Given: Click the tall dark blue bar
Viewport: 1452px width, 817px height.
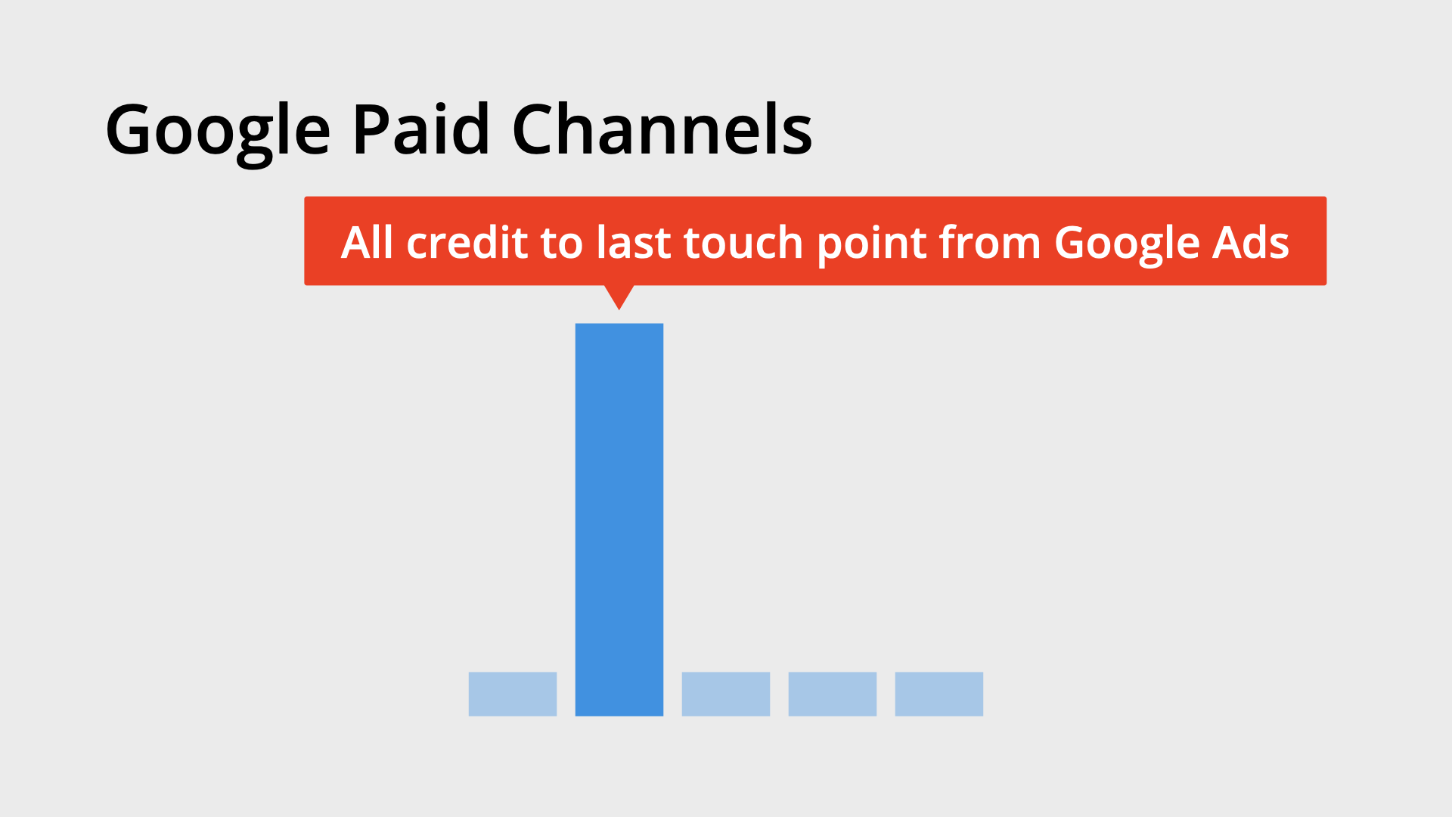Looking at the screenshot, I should coord(619,519).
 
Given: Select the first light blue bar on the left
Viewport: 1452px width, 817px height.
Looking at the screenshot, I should coord(512,694).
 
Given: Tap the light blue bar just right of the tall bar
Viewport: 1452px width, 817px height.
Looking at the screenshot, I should coord(725,694).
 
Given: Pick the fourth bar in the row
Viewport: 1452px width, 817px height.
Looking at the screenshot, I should coord(832,694).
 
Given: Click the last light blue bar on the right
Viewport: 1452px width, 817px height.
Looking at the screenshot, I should coord(939,694).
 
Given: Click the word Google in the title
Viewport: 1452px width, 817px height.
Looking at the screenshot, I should coord(218,130).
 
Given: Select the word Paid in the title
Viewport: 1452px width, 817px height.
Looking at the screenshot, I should coord(420,130).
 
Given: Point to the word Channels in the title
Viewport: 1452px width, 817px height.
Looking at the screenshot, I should coord(662,130).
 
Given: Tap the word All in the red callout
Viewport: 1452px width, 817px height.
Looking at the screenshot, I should coord(367,243).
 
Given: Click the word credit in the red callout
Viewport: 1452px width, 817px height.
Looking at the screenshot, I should coord(467,243).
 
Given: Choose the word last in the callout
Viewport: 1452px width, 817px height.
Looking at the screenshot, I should coord(634,243).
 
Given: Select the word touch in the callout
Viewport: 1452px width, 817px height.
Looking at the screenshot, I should coord(743,243).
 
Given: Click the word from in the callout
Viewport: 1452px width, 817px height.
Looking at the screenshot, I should coord(989,243).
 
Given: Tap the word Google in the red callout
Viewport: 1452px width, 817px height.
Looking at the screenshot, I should coord(1127,244).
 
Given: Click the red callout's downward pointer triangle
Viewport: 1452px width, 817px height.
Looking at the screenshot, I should coord(619,295).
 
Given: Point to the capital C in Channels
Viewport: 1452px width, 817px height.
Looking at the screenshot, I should coord(533,130).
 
